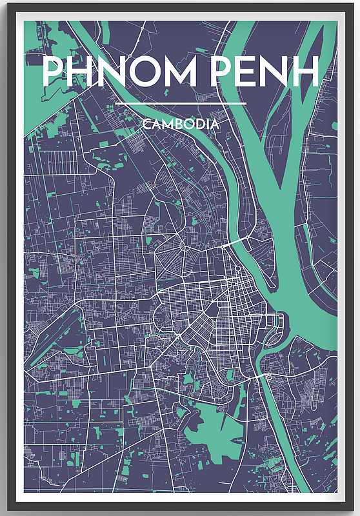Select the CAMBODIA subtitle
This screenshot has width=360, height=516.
click(181, 124)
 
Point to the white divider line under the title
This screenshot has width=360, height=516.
click(181, 103)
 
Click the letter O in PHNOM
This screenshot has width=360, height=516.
click(145, 72)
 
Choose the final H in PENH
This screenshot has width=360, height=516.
click(305, 72)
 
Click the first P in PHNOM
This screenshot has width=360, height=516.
click(53, 72)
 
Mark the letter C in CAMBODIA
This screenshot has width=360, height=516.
click(149, 124)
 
